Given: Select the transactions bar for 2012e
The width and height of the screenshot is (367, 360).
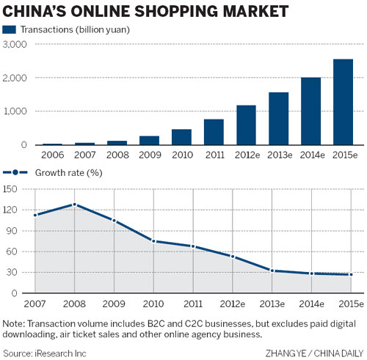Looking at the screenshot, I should (246, 125).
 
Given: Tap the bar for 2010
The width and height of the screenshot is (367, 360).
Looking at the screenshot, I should (181, 137).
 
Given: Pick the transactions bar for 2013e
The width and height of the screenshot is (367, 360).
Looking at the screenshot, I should (278, 119).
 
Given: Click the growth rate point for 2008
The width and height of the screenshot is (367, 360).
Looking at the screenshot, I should (74, 205).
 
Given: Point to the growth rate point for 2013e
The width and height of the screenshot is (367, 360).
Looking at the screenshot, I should (272, 271).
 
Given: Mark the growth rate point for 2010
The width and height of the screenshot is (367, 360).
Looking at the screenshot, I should (153, 240).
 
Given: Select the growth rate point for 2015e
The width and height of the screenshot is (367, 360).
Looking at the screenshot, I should (351, 275).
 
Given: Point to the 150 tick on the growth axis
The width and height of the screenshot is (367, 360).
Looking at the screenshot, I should (10, 188).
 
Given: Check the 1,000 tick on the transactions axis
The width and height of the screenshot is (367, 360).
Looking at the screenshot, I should (15, 111).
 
